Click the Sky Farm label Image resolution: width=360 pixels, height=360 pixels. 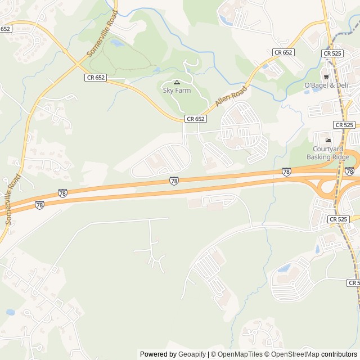point(177,91)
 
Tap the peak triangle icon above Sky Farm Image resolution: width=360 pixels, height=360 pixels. point(177,82)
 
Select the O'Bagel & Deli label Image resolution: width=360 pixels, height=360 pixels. point(326,85)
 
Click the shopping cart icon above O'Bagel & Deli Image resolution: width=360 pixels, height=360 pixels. point(326,76)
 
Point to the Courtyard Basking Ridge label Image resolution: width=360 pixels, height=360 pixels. point(328,153)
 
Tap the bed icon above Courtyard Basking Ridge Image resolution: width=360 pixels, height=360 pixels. point(328,139)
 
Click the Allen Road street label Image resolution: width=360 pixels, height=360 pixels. point(231,97)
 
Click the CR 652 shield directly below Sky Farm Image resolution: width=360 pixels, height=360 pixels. point(195,119)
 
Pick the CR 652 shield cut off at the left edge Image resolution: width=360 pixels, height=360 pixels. point(5,29)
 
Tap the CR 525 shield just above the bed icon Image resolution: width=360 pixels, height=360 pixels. point(344,125)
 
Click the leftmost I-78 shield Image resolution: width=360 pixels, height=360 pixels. point(39,205)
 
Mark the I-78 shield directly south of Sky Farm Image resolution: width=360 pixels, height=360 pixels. point(174,181)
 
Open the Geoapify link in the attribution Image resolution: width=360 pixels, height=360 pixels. point(192,354)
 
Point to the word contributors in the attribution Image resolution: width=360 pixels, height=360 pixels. point(339,354)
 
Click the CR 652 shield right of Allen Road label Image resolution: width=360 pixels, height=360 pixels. point(283,52)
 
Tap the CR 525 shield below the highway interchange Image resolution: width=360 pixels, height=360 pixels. point(339,219)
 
